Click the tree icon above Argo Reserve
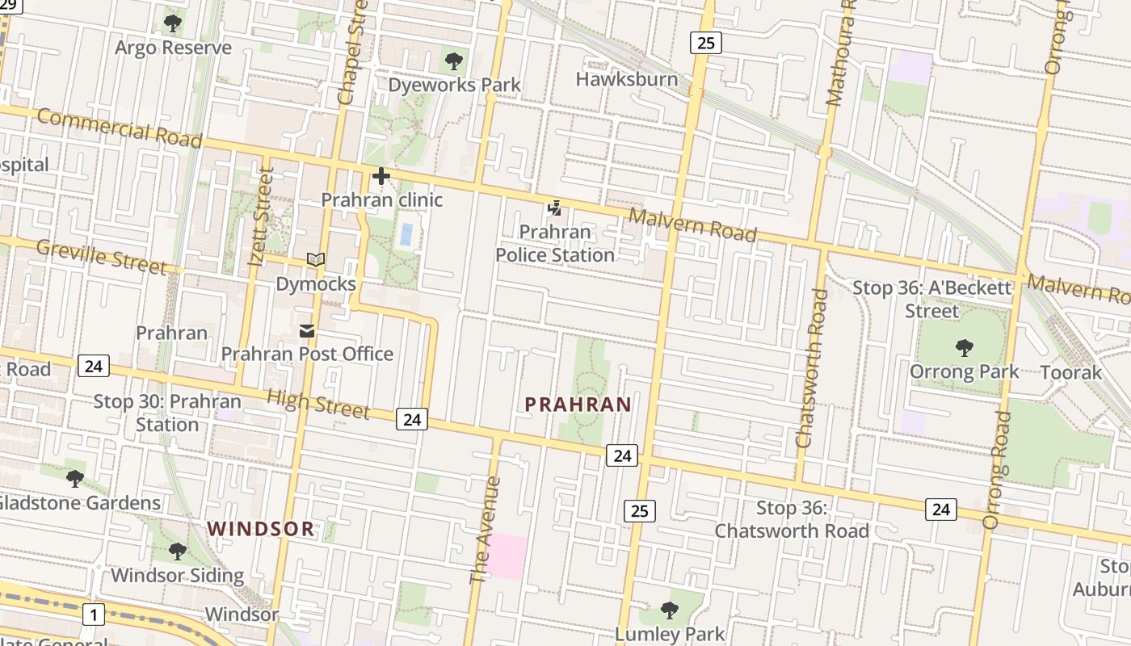[172, 23]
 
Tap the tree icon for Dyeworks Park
[454, 61]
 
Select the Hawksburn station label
[626, 79]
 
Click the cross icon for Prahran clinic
[381, 176]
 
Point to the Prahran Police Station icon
[554, 208]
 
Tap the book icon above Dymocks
[316, 260]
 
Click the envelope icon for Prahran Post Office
[307, 331]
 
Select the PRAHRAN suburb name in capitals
[578, 404]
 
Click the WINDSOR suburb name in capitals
[260, 529]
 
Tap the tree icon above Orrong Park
[964, 348]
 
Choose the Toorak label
[1071, 372]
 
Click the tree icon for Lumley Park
[669, 610]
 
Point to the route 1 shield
[94, 615]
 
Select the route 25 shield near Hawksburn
[705, 43]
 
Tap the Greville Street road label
[102, 256]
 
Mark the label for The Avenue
[486, 530]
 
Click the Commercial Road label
[119, 128]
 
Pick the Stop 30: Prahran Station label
[167, 413]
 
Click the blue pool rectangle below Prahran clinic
[406, 235]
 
